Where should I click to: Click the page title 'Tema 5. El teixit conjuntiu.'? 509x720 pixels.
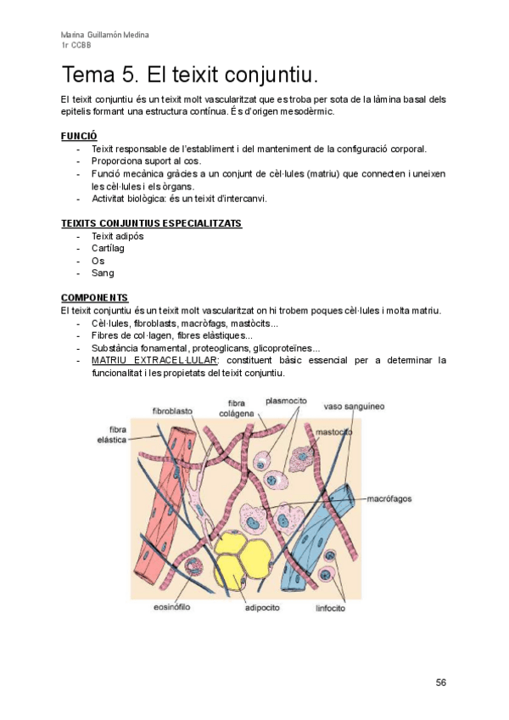(x=190, y=76)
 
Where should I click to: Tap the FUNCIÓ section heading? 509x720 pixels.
(x=79, y=136)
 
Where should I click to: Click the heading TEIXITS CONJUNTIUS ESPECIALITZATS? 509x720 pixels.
(x=151, y=223)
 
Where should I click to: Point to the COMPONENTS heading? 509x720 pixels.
(x=95, y=298)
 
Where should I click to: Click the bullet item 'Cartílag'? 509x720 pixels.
(x=109, y=248)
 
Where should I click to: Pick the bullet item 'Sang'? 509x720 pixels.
(x=103, y=273)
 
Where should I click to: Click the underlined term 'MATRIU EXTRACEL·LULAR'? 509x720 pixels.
(x=154, y=360)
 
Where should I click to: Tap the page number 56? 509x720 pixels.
(x=441, y=683)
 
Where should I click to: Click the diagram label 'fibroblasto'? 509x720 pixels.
(x=172, y=411)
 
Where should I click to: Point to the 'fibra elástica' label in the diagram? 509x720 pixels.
(x=112, y=435)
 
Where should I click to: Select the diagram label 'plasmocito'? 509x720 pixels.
(x=286, y=401)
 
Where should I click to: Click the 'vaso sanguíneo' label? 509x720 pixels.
(x=354, y=407)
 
